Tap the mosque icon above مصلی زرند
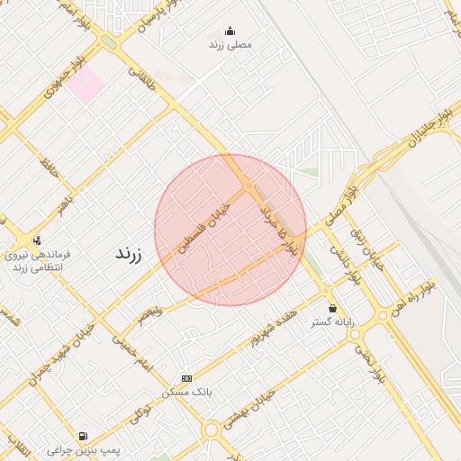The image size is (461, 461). coord(230,31)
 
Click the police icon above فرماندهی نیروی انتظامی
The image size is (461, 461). coord(37,240)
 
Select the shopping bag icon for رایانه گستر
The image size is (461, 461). coord(333,308)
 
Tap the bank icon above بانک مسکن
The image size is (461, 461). coord(186,379)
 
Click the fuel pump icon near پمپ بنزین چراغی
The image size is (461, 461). coord(84,435)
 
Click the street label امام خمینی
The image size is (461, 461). coord(131,350)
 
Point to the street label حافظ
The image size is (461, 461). coord(49,166)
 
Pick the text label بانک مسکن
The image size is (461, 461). coord(186,393)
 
